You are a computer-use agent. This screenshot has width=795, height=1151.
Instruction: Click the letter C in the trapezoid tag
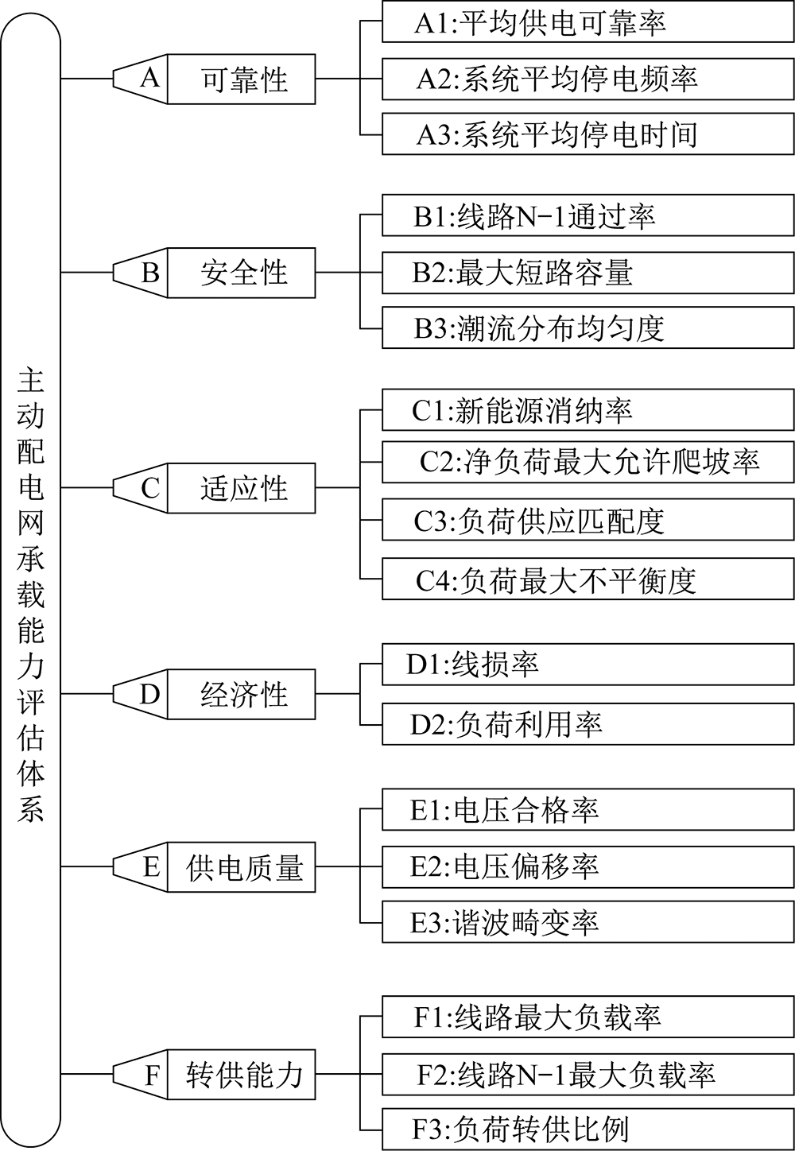point(150,487)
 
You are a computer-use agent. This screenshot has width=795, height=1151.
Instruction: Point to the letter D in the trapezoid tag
point(149,694)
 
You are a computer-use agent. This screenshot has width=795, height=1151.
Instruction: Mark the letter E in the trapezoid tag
point(151,867)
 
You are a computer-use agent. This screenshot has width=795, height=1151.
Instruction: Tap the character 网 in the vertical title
point(31,523)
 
